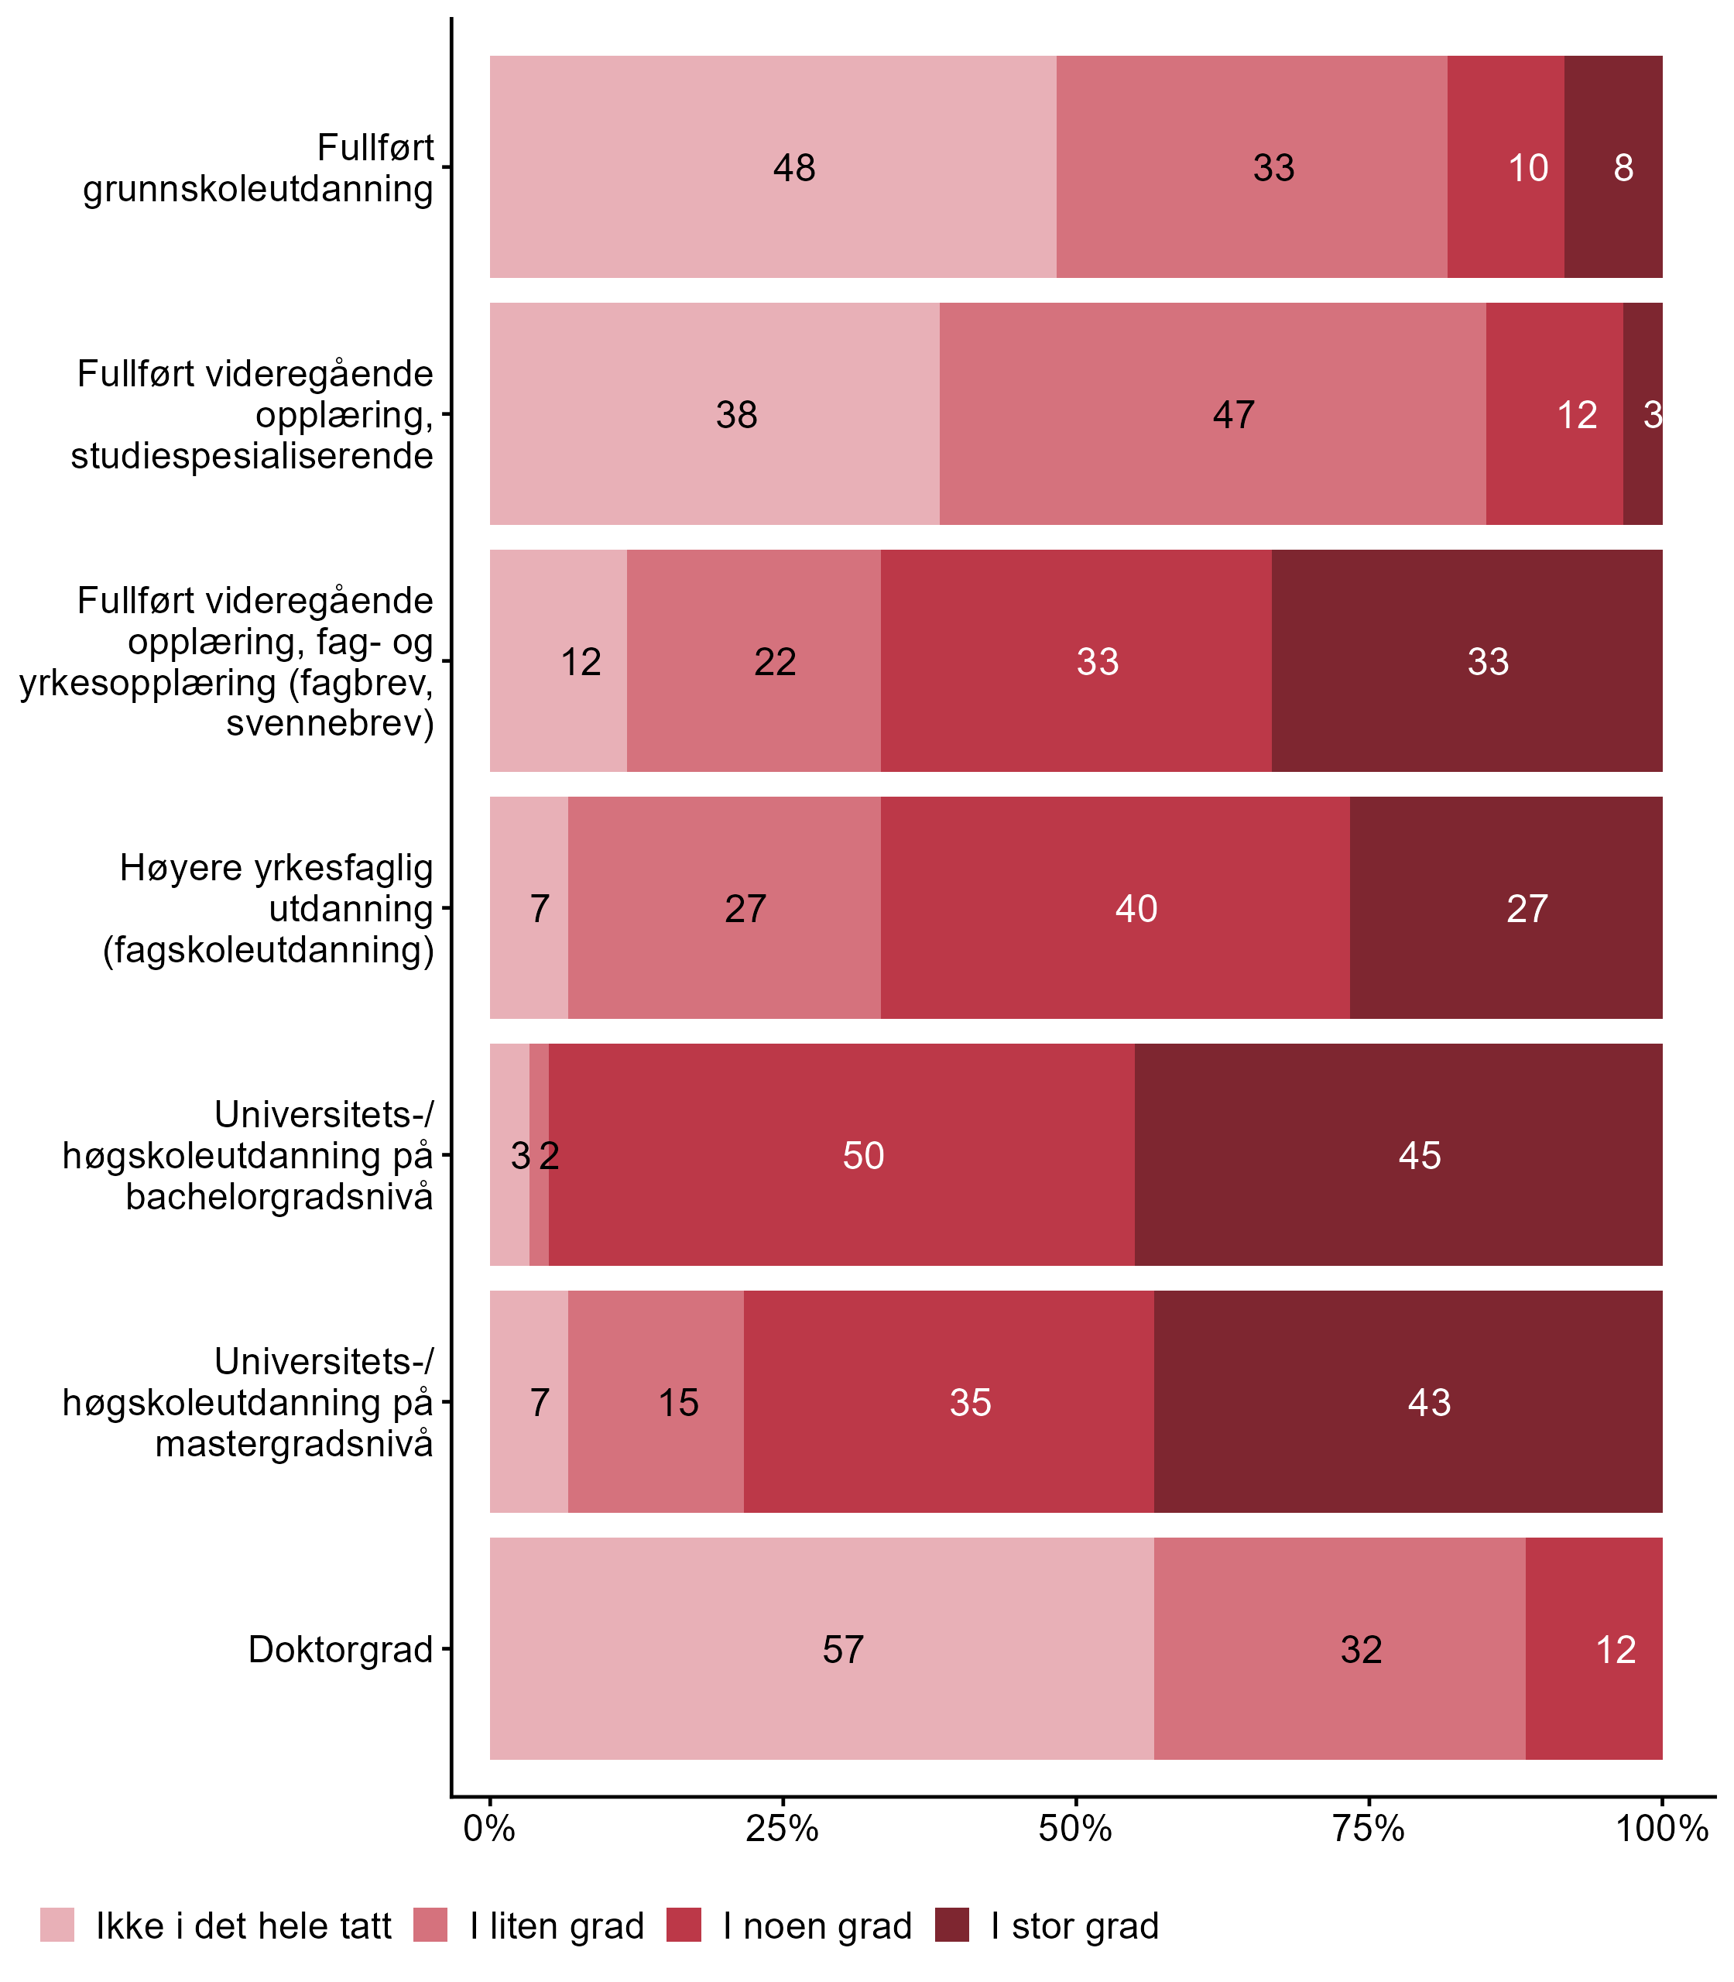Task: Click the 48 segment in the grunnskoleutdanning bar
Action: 773,166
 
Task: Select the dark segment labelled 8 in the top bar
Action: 1613,166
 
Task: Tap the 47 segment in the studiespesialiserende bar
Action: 1212,413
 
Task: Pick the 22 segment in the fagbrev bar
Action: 754,661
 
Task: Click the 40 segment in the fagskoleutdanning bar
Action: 1115,907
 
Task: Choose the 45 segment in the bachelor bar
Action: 1398,1154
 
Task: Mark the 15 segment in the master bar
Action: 656,1401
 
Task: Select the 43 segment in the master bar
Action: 1408,1401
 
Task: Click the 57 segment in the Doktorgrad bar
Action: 821,1649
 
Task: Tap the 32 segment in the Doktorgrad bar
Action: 1340,1649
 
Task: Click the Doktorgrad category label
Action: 341,1649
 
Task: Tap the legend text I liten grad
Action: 557,1926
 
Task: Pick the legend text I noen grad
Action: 817,1926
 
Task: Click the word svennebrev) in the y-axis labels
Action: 330,723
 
